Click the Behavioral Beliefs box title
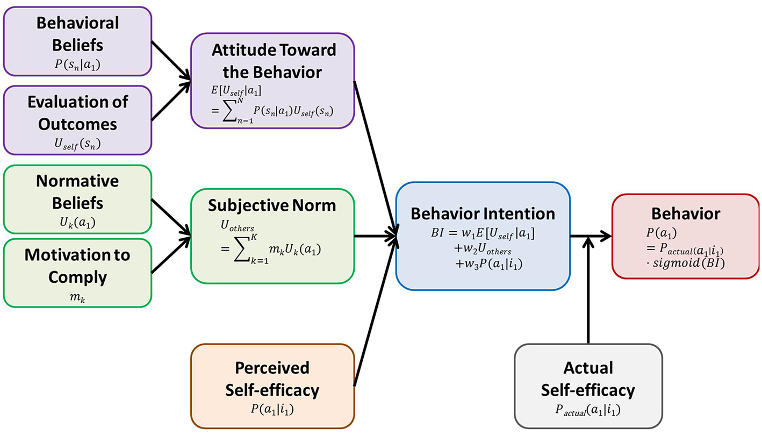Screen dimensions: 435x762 coord(77,34)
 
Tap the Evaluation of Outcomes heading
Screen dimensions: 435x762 coord(77,113)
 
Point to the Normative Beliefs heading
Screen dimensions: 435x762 coord(77,192)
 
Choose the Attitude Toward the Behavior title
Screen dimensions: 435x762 coord(274,61)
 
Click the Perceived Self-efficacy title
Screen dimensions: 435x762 coord(272,378)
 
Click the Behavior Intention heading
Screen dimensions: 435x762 coord(483,213)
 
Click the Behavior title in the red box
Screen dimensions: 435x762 coord(685,213)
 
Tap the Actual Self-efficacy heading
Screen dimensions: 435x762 coord(588,379)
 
